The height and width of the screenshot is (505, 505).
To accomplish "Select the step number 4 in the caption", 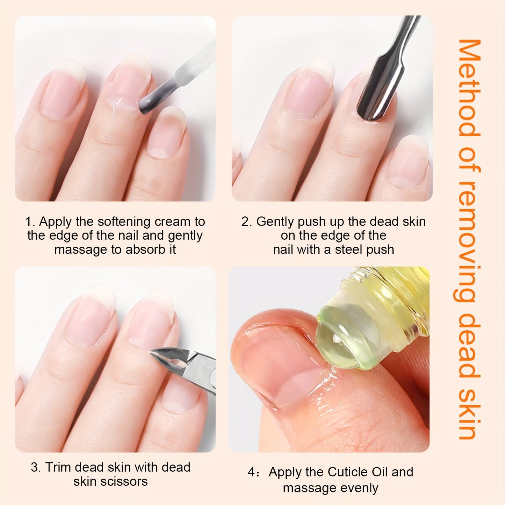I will coord(252,472).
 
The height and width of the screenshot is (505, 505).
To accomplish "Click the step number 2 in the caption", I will coord(245,222).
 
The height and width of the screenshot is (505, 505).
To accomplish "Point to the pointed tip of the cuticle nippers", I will coord(153,352).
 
